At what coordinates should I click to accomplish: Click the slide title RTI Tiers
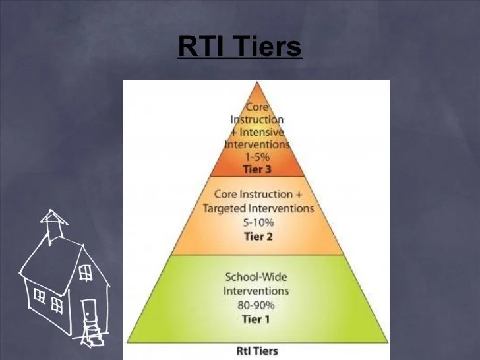(239, 47)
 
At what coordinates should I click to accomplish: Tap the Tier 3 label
(258, 169)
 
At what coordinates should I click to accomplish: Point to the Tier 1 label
(256, 320)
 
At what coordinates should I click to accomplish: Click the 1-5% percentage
(258, 157)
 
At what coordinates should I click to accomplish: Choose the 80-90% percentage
(256, 305)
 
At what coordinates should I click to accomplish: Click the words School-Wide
(256, 277)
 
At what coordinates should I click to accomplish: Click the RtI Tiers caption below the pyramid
(256, 351)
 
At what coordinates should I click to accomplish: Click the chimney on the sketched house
(53, 221)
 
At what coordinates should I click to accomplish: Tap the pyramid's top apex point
(257, 82)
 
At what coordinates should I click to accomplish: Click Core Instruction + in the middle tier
(257, 195)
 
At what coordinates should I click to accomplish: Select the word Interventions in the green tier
(256, 291)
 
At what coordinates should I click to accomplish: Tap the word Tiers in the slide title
(270, 47)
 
